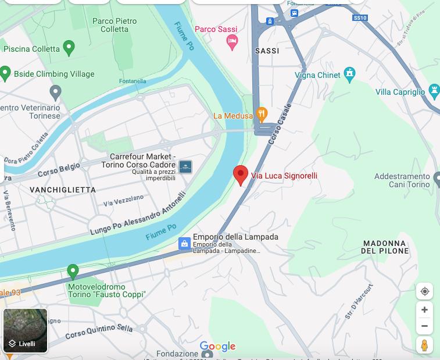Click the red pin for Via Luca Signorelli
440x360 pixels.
pos(241,174)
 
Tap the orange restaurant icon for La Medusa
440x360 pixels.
pos(262,115)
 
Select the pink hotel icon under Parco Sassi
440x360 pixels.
pos(232,42)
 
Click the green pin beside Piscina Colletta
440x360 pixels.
pos(69,48)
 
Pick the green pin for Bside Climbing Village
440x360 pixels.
pos(5,73)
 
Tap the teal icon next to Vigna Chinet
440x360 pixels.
pos(349,74)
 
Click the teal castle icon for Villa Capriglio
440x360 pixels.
pos(434,91)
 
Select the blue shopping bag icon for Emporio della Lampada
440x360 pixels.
pos(184,244)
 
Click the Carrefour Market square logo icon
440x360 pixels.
pos(185,167)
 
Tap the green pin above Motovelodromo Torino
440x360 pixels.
pos(73,272)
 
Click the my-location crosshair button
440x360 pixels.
pos(424,291)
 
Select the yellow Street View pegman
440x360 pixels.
pos(424,345)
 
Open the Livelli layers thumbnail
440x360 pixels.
pos(26,330)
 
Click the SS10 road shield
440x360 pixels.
pos(360,18)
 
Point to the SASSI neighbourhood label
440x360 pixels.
pos(267,51)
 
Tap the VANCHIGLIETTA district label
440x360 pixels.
pos(62,190)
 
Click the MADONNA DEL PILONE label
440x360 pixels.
pos(385,247)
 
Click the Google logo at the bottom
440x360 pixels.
pos(217,347)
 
